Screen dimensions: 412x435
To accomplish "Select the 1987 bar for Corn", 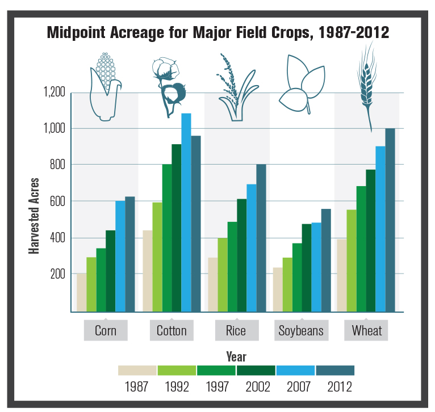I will (82, 292).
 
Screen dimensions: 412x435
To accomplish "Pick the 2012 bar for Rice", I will (261, 238).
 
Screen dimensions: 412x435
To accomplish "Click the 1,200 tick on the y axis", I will (55, 93).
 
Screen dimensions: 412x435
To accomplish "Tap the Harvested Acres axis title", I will (35, 216).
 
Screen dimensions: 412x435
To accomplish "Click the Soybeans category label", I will (301, 330).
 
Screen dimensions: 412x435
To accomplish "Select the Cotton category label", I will (172, 330).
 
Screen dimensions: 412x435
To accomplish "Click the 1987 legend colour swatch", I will (137, 371).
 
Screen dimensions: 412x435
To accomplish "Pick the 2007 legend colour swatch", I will (295, 371).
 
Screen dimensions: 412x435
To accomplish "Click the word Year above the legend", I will (236, 356).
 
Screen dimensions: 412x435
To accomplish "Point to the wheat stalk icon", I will (366, 85).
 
